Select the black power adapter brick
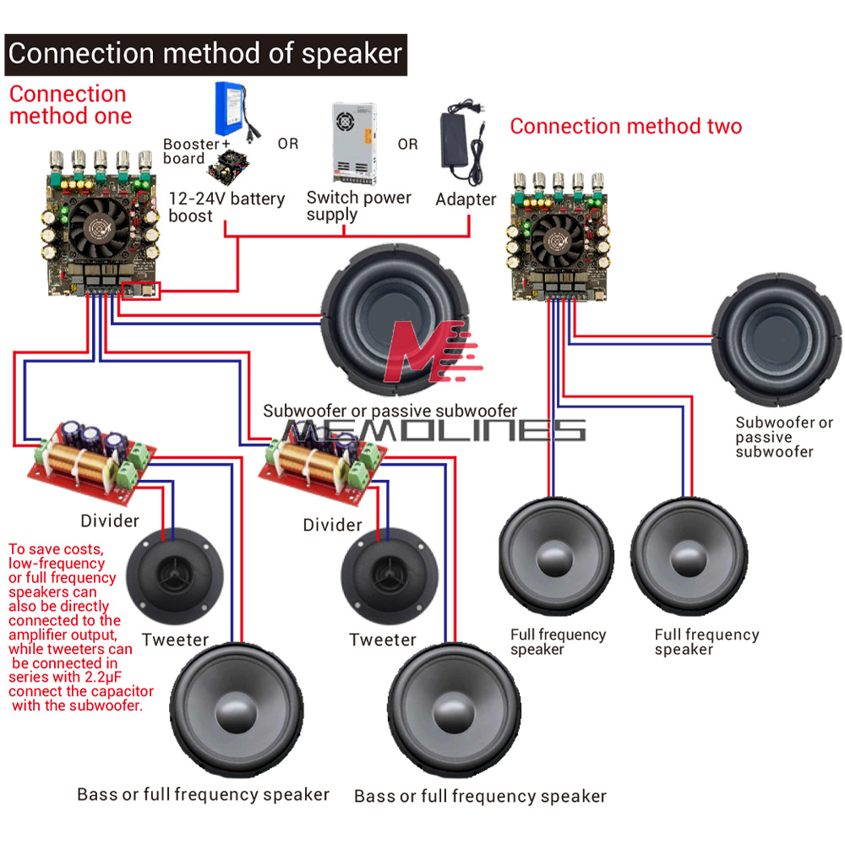pos(463,144)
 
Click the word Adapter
pos(466,199)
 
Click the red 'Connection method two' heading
pos(625,127)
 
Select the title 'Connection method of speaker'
pos(205,54)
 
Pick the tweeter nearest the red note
pos(176,572)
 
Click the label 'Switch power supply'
pos(358,205)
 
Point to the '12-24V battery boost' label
pos(226,207)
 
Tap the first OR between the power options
pos(288,144)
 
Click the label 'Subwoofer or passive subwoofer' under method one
pos(390,412)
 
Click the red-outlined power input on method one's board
pos(140,291)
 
